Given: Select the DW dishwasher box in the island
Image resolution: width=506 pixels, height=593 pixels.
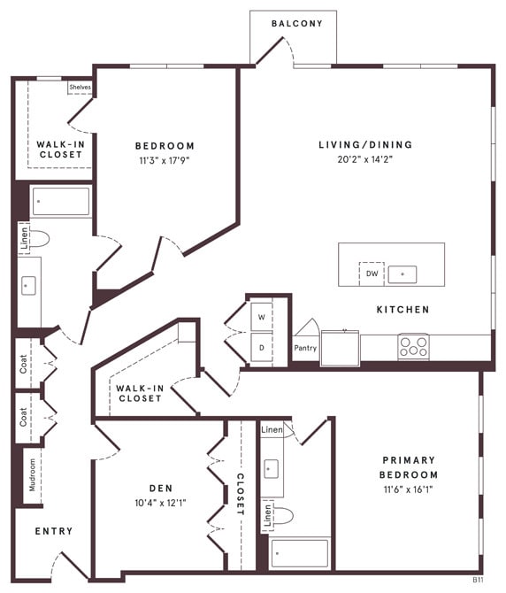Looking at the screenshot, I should point(372,273).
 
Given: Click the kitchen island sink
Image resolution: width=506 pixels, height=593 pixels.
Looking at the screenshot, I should point(402,273).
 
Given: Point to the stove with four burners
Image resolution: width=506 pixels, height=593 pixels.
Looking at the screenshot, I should point(413,346).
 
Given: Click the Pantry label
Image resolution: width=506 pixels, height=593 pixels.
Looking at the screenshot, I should point(305,348).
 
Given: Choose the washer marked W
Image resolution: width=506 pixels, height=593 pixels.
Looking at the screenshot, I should point(262,316).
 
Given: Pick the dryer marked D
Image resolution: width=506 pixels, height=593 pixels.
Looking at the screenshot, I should point(262,347).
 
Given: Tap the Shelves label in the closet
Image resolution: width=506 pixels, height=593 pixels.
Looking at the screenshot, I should point(80,88).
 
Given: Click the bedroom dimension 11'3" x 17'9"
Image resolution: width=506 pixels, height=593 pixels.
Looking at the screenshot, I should point(165,161).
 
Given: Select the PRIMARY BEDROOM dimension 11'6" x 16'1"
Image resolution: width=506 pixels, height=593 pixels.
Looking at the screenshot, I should point(409,475).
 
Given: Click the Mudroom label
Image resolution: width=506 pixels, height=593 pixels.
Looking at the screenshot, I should point(32,475).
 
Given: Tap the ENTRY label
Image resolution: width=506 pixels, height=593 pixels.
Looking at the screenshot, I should point(54,531).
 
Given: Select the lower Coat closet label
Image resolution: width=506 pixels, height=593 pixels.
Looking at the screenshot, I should point(24,417).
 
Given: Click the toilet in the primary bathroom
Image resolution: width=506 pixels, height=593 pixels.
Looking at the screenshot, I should point(281,515).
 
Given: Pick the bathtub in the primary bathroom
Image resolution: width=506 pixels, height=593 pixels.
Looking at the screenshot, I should point(299,553).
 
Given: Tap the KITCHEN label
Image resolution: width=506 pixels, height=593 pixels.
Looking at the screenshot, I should point(403,310).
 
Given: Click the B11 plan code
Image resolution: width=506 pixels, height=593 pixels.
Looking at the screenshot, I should point(477,580).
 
